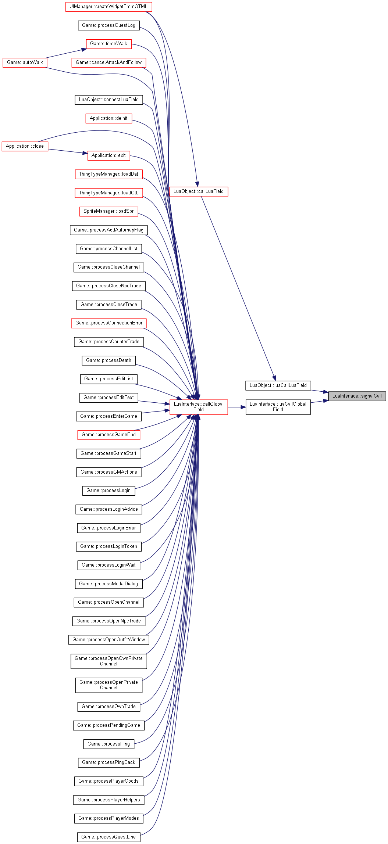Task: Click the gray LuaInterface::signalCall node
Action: pyautogui.click(x=357, y=396)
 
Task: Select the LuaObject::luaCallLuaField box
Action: pyautogui.click(x=278, y=385)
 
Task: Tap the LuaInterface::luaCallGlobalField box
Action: pyautogui.click(x=278, y=407)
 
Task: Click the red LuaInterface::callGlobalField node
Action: pyautogui.click(x=199, y=407)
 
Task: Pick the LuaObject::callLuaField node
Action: pyautogui.click(x=199, y=191)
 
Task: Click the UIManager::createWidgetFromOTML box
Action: pyautogui.click(x=108, y=7)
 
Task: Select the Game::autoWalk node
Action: pyautogui.click(x=25, y=62)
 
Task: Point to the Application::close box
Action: pyautogui.click(x=25, y=146)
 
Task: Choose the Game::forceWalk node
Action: pyautogui.click(x=108, y=44)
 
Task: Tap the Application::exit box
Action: pyautogui.click(x=108, y=155)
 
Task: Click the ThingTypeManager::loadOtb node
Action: pyautogui.click(x=108, y=193)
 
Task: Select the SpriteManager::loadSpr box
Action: pyautogui.click(x=108, y=211)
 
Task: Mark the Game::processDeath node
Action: pyautogui.click(x=108, y=360)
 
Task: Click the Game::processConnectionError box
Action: pyautogui.click(x=108, y=323)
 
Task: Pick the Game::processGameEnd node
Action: pyautogui.click(x=108, y=435)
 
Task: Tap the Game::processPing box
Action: pyautogui.click(x=108, y=744)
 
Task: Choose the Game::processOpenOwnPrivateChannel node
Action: pyautogui.click(x=108, y=661)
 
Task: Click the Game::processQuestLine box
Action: pyautogui.click(x=108, y=837)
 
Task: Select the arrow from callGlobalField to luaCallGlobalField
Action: pyautogui.click(x=237, y=407)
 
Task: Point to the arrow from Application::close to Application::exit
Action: pyautogui.click(x=68, y=151)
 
